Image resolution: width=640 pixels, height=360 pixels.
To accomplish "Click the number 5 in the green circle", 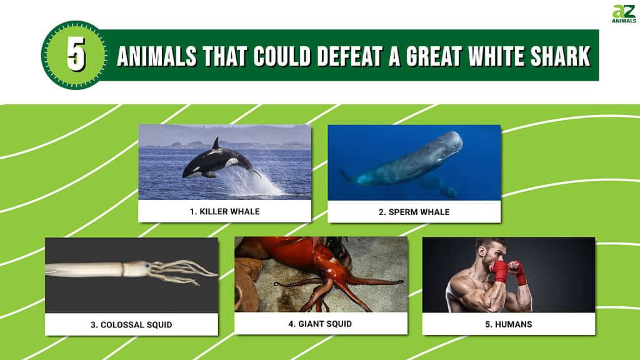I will [x=76, y=55].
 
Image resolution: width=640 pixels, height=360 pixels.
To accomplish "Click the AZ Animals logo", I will [x=623, y=14].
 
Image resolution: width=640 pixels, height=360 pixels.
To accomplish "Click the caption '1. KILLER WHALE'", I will [x=224, y=211].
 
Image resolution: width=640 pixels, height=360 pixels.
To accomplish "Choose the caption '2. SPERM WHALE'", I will [x=414, y=212].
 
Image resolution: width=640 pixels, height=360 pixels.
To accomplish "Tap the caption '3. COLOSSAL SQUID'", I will [x=131, y=324].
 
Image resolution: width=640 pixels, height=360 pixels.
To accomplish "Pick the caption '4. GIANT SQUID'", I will [x=321, y=323].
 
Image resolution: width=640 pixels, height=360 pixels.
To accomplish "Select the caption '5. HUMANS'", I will [x=509, y=324].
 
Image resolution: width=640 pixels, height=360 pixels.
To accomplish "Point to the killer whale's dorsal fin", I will [x=216, y=144].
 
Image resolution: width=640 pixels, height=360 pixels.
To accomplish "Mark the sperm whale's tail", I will [x=346, y=176].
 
